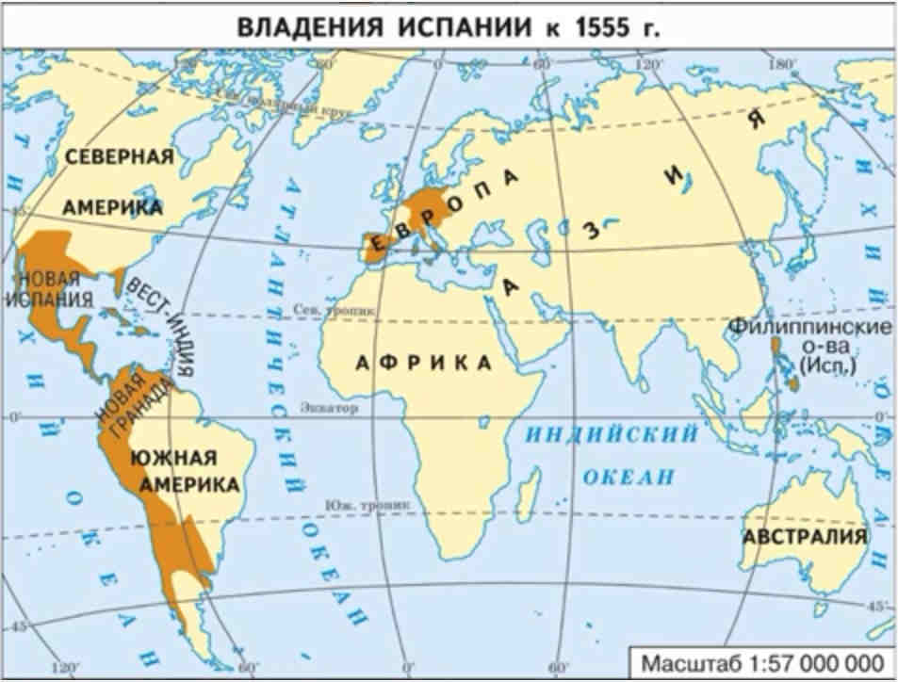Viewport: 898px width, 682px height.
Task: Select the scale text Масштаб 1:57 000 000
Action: pyautogui.click(x=762, y=662)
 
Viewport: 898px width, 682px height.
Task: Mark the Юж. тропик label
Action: pyautogui.click(x=352, y=505)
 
